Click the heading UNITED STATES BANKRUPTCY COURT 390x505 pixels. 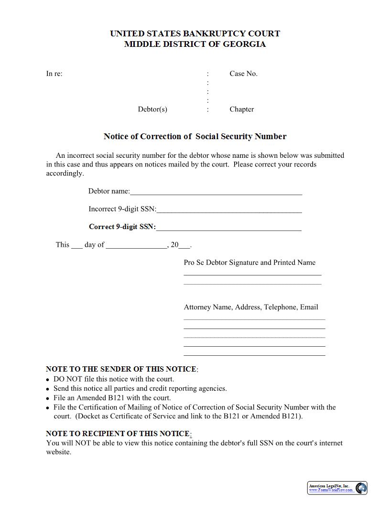tap(195, 33)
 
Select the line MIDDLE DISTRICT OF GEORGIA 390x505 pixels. tap(195, 44)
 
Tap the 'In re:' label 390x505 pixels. tap(54, 74)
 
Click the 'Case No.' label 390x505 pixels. tap(243, 74)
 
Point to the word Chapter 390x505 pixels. tap(241, 109)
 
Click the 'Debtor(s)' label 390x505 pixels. tap(152, 109)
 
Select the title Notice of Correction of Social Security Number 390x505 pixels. tap(195, 136)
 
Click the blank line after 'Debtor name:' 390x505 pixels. tap(216, 192)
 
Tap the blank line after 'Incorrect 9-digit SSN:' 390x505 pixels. tap(229, 210)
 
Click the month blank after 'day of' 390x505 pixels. tap(136, 246)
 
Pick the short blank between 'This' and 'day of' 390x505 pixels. tap(77, 246)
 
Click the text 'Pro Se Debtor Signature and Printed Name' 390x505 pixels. tap(249, 263)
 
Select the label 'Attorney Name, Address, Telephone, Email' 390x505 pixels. tap(251, 307)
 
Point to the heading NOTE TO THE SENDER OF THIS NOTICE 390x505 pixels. tap(121, 369)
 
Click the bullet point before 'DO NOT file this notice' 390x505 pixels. tap(48, 380)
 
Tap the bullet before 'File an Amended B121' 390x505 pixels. tap(48, 398)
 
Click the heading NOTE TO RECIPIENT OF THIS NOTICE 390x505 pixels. tap(118, 434)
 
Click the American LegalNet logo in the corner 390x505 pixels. tap(337, 488)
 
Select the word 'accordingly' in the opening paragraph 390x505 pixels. tap(65, 173)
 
